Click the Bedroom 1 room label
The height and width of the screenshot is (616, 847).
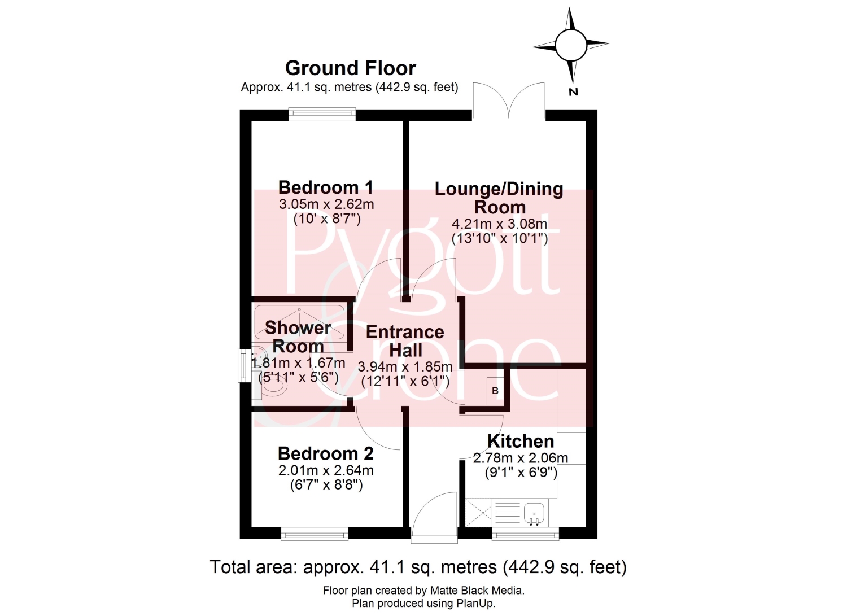click(x=326, y=187)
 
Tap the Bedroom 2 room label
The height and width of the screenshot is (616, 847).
click(x=326, y=453)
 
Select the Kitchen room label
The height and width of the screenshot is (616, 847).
click(x=521, y=441)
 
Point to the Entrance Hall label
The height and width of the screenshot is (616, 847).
click(x=405, y=341)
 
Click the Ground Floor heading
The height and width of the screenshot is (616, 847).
click(x=351, y=68)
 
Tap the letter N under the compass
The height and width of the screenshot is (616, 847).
click(x=573, y=92)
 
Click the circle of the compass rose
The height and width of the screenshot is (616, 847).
click(x=571, y=45)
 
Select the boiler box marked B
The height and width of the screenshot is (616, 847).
click(x=495, y=391)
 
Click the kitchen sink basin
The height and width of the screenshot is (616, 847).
click(x=534, y=514)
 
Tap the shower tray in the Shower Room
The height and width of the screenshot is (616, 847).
click(x=299, y=322)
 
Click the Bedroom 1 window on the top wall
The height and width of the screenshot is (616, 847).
click(x=322, y=114)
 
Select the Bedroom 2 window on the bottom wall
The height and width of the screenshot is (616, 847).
click(x=315, y=534)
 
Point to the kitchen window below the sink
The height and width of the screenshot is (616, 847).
click(x=526, y=534)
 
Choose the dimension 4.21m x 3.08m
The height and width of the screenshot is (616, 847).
click(x=500, y=224)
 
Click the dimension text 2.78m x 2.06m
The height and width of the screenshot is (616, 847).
click(x=521, y=458)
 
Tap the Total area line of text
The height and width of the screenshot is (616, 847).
click(x=418, y=567)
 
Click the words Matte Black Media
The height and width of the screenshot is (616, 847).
click(x=477, y=590)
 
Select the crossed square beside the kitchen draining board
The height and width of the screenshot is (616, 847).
click(x=478, y=513)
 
